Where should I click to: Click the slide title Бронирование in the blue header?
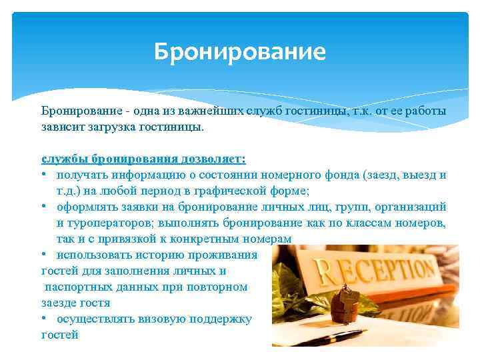tap(239, 52)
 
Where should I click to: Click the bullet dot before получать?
tap(44, 175)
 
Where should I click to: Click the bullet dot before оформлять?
tap(44, 207)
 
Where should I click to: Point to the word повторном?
tap(217, 287)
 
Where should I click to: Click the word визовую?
tap(162, 319)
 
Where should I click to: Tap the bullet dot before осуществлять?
tap(44, 319)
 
